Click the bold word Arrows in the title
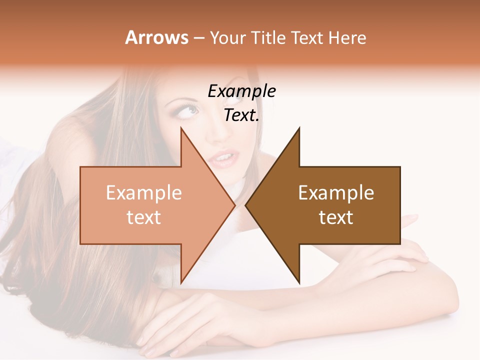coord(156,37)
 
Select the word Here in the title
coord(347,37)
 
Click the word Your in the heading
coord(228,37)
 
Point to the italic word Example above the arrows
coord(241,91)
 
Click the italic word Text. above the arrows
coord(241,115)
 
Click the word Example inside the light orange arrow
coord(144,193)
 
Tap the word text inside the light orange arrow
coord(144,217)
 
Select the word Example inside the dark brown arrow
coord(336,193)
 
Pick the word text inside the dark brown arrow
coord(336,217)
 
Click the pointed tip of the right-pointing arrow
coord(234,205)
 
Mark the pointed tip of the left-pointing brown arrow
coord(246,205)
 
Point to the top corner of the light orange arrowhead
coord(181,128)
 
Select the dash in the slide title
coord(198,38)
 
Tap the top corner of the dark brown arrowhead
coord(299,128)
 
